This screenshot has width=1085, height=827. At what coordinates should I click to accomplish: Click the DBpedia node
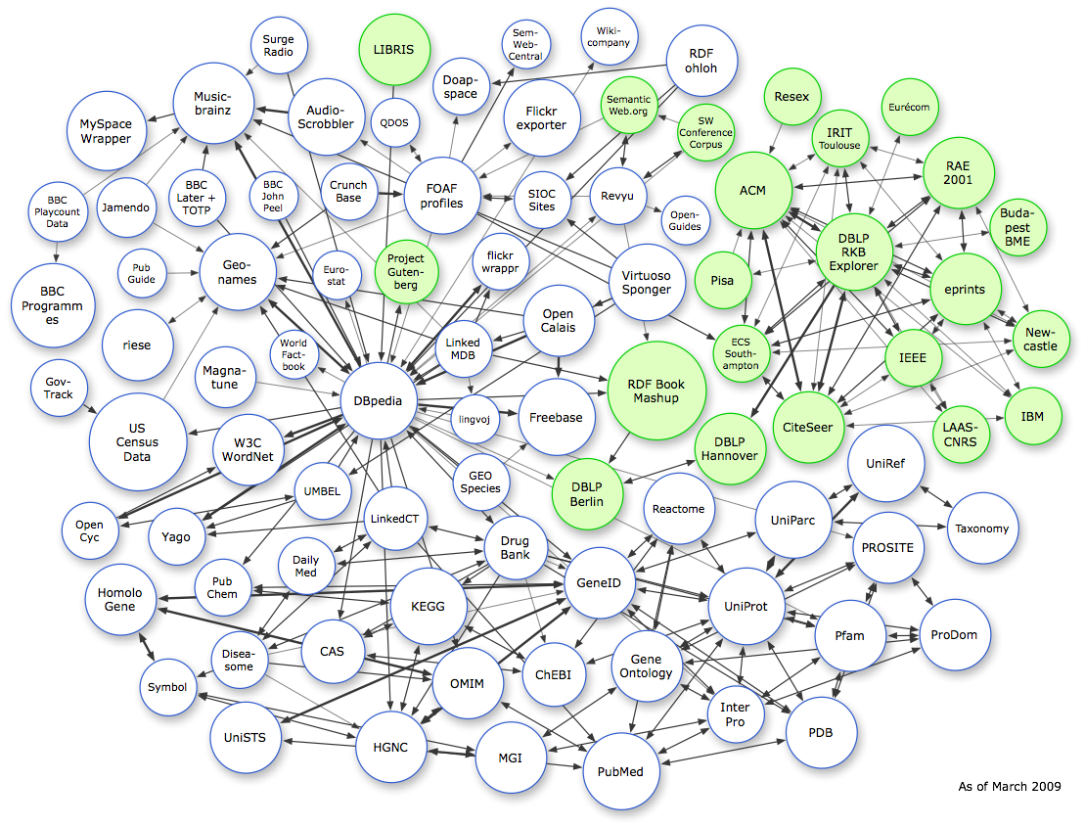(x=379, y=400)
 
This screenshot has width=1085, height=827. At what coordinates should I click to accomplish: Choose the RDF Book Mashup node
(x=656, y=391)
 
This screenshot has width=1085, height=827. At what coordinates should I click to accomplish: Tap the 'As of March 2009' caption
(x=1009, y=786)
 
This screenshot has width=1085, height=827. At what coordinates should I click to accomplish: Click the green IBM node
(x=1032, y=417)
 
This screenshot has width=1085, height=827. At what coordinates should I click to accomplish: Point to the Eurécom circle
(x=909, y=106)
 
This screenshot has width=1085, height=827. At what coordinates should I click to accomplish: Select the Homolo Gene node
(x=120, y=600)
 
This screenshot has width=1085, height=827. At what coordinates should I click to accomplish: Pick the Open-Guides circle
(x=685, y=220)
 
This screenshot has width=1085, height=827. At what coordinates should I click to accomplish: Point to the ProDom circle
(x=954, y=635)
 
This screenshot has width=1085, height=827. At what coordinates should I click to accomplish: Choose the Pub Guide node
(x=142, y=272)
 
